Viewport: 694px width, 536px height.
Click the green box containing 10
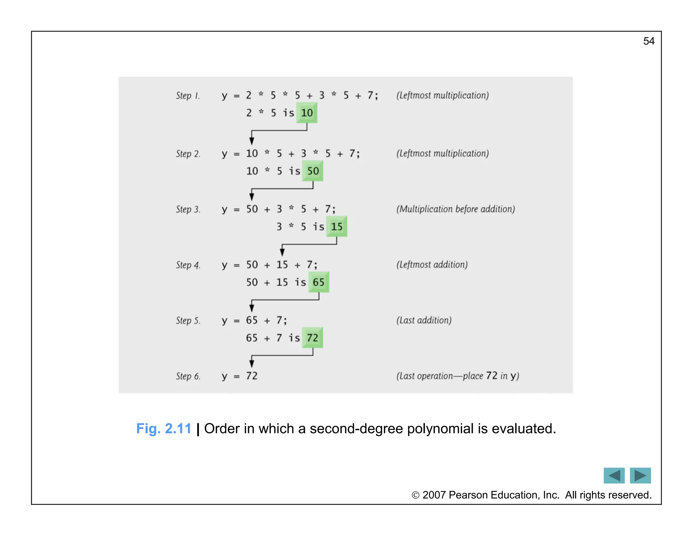click(x=307, y=113)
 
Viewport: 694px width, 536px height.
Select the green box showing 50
click(x=313, y=171)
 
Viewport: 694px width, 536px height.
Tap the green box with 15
click(x=336, y=226)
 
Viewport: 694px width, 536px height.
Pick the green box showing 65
click(x=319, y=282)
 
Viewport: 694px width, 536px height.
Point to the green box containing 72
click(x=312, y=337)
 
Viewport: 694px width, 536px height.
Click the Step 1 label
click(x=188, y=96)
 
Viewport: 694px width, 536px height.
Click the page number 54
click(x=649, y=41)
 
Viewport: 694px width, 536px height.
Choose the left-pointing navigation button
click(x=614, y=475)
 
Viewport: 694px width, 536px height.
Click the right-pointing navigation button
click(x=640, y=475)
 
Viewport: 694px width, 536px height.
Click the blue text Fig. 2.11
click(x=164, y=429)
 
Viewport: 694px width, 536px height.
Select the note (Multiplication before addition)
click(x=455, y=209)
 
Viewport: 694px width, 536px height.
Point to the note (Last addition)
click(x=424, y=320)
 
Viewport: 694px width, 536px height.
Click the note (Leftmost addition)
click(x=432, y=265)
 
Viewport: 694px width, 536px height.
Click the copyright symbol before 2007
click(x=415, y=495)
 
